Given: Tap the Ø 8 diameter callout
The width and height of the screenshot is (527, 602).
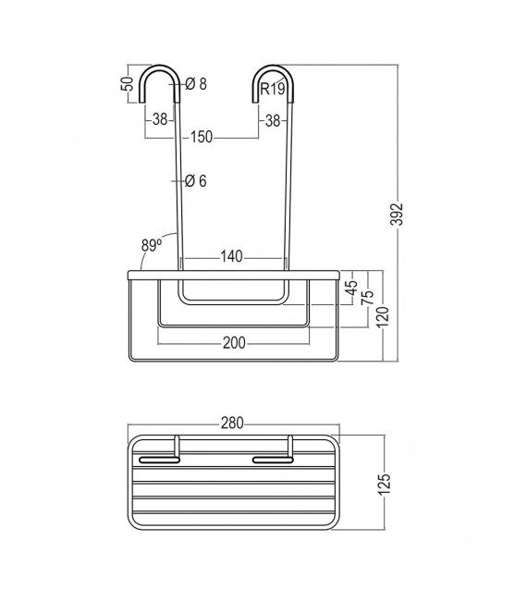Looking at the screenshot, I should click(x=195, y=84).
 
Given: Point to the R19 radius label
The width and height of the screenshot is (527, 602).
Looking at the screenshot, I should click(x=272, y=89).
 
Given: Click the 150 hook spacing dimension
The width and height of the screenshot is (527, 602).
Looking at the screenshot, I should click(x=202, y=137).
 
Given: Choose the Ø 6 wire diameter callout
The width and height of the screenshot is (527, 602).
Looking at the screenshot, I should click(x=195, y=180).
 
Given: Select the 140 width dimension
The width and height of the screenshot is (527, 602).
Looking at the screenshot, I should click(x=233, y=256).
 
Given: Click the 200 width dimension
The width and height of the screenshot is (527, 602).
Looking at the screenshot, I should click(x=234, y=343).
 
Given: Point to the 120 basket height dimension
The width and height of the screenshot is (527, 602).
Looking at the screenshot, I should click(x=382, y=313).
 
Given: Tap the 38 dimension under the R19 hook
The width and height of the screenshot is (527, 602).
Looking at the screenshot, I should click(x=272, y=119).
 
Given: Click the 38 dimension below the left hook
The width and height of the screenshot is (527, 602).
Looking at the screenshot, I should click(x=159, y=119).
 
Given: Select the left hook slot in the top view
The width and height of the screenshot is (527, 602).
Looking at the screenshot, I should click(x=159, y=457).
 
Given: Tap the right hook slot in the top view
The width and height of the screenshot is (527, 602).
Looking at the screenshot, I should click(x=271, y=457).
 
